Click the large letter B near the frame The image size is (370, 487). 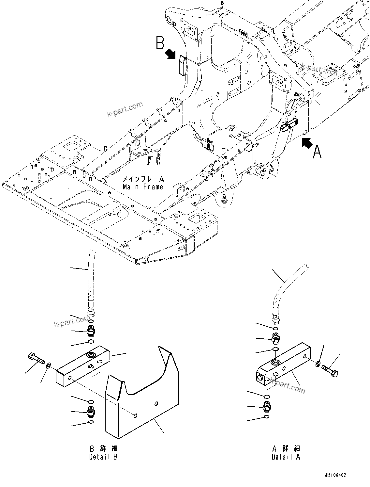click(x=159, y=43)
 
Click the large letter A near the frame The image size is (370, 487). click(x=317, y=152)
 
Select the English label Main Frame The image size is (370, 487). click(x=143, y=187)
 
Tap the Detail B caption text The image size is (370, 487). click(x=103, y=457)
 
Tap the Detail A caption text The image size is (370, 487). click(x=286, y=457)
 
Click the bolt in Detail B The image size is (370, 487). click(x=37, y=358)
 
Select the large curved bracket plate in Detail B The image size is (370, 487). click(x=143, y=405)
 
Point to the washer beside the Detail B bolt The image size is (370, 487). click(x=48, y=365)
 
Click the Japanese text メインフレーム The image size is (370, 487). click(x=143, y=179)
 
